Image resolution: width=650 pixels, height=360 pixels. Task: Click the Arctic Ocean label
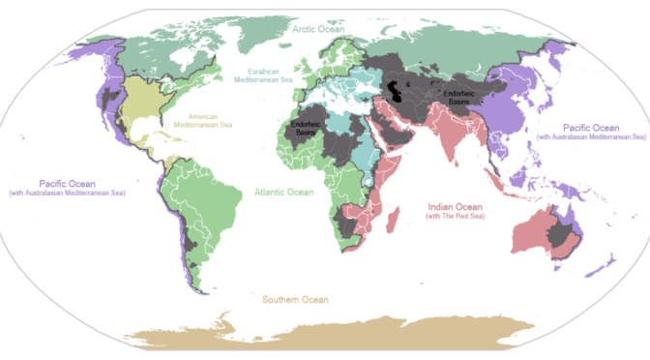(x=318, y=31)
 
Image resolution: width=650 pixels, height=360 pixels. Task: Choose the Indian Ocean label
(x=457, y=205)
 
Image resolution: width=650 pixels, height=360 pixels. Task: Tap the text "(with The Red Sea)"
(x=457, y=216)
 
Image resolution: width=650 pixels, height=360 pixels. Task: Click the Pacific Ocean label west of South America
(x=71, y=183)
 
